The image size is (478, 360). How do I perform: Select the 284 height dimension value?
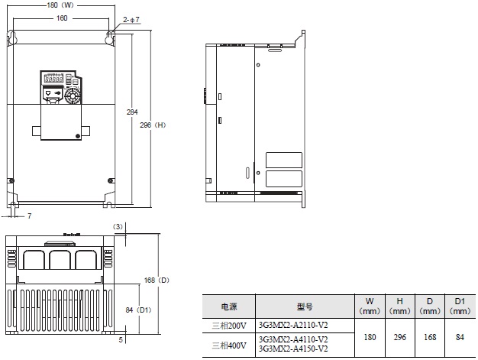pos(132,112)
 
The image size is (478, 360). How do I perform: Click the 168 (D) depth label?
pos(156,281)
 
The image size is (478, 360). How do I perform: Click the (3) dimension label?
pos(118,226)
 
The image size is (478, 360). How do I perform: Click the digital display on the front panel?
pos(53,79)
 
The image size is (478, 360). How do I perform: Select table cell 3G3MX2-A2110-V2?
pos(293,324)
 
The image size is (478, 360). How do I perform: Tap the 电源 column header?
pos(228,306)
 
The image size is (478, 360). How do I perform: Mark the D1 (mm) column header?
pos(459,306)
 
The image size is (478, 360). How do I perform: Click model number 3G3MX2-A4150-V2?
pos(293,349)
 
